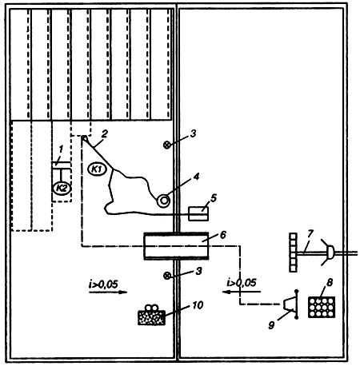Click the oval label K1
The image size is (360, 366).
(98, 169)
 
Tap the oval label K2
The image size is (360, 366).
(62, 189)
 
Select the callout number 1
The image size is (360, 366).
(62, 149)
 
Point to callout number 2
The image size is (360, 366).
(105, 134)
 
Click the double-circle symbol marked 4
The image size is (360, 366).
(163, 201)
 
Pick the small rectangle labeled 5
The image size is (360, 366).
(198, 214)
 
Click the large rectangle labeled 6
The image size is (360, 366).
(176, 246)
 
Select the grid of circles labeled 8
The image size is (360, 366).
(322, 308)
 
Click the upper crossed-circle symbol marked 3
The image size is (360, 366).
(167, 145)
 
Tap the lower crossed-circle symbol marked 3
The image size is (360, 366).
(167, 276)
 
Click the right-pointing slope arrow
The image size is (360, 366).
(108, 292)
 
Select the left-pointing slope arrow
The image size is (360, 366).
(242, 292)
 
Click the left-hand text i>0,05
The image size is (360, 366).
(103, 284)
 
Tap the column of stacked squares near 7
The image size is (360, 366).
(293, 253)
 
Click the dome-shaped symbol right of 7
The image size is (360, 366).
(330, 253)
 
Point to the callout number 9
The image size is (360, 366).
(271, 324)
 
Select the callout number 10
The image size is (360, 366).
(198, 305)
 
